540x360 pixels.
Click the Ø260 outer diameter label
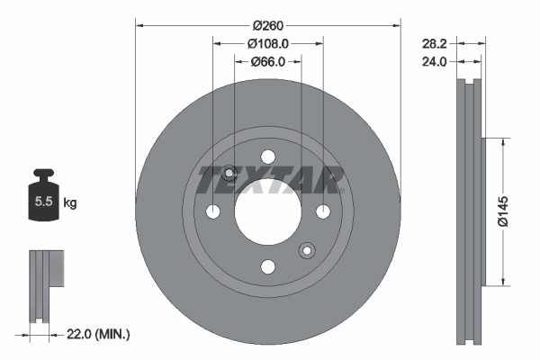pyautogui.click(x=268, y=25)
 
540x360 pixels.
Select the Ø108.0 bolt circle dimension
pyautogui.click(x=268, y=43)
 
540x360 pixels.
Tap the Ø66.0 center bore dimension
pyautogui.click(x=268, y=61)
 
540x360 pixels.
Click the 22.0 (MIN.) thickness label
pyautogui.click(x=100, y=334)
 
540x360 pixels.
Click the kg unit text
pyautogui.click(x=70, y=203)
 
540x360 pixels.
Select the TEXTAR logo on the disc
pyautogui.click(x=268, y=179)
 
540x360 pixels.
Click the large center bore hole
pyautogui.click(x=268, y=211)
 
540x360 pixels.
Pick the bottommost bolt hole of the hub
pyautogui.click(x=268, y=265)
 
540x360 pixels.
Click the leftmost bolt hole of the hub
pyautogui.click(x=213, y=211)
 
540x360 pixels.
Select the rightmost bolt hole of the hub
pyautogui.click(x=322, y=211)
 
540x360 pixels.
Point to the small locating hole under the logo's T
pyautogui.click(x=229, y=173)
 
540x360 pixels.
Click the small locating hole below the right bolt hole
pyautogui.click(x=307, y=250)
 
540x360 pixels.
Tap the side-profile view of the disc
pyautogui.click(x=471, y=211)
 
